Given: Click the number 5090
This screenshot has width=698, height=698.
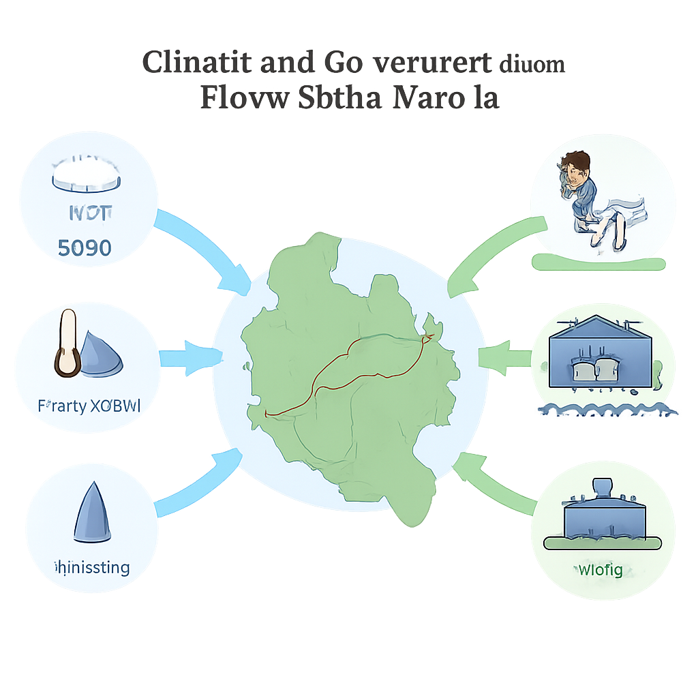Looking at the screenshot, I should click(85, 247).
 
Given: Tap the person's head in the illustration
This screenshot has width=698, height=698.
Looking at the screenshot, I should click(577, 168).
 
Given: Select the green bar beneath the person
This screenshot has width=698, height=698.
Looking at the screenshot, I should click(598, 263).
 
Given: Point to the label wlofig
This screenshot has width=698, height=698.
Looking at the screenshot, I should click(600, 569).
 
